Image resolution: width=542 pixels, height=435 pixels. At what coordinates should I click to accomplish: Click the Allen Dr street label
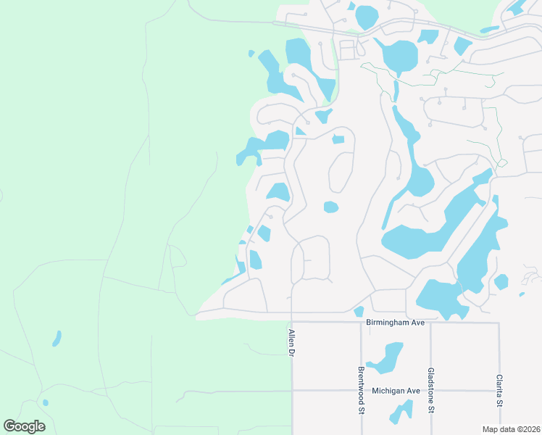pyautogui.click(x=292, y=342)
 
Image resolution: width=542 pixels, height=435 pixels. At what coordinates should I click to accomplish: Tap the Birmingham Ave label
pyautogui.click(x=395, y=323)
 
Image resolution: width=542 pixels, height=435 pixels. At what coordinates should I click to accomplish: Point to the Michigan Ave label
pyautogui.click(x=396, y=391)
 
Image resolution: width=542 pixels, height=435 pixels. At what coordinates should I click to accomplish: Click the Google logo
pyautogui.click(x=24, y=426)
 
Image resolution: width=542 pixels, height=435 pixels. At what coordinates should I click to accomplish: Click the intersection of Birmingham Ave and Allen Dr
pyautogui.click(x=292, y=322)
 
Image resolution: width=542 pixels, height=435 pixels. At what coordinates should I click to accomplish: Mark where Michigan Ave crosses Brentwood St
pyautogui.click(x=360, y=391)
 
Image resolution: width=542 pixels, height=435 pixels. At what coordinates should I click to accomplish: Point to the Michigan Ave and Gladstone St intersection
pyautogui.click(x=430, y=391)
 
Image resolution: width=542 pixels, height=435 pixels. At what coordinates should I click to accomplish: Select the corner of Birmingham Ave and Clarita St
pyautogui.click(x=499, y=323)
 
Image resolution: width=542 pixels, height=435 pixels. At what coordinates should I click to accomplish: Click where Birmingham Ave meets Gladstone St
pyautogui.click(x=430, y=323)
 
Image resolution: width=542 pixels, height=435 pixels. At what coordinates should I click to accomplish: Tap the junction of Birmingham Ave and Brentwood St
pyautogui.click(x=360, y=323)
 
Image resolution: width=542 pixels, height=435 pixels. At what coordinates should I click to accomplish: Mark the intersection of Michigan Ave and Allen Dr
pyautogui.click(x=292, y=391)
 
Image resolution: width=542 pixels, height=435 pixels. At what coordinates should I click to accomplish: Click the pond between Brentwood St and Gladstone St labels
pyautogui.click(x=385, y=357)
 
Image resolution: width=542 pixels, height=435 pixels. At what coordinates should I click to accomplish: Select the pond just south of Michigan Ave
pyautogui.click(x=400, y=411)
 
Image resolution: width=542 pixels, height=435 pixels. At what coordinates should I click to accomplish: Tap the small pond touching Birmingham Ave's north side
pyautogui.click(x=359, y=312)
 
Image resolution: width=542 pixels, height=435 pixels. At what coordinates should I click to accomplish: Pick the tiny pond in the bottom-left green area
pyautogui.click(x=46, y=402)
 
